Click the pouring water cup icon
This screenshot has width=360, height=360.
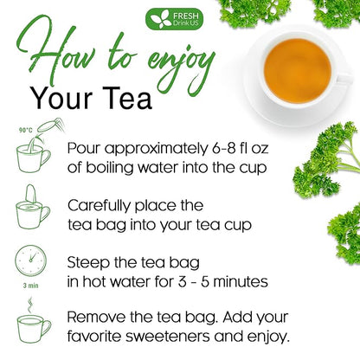(x=35, y=152)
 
